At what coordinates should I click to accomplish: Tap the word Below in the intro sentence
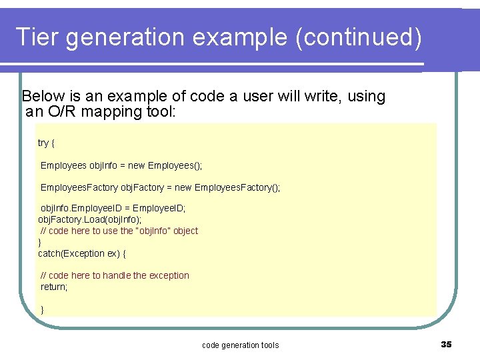44,96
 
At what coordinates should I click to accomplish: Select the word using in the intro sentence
365,96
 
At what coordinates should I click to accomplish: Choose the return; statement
54,287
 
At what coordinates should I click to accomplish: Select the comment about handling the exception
115,275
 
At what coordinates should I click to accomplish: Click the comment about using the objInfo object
119,231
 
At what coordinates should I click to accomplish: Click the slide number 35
446,344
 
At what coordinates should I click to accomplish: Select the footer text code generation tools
240,345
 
